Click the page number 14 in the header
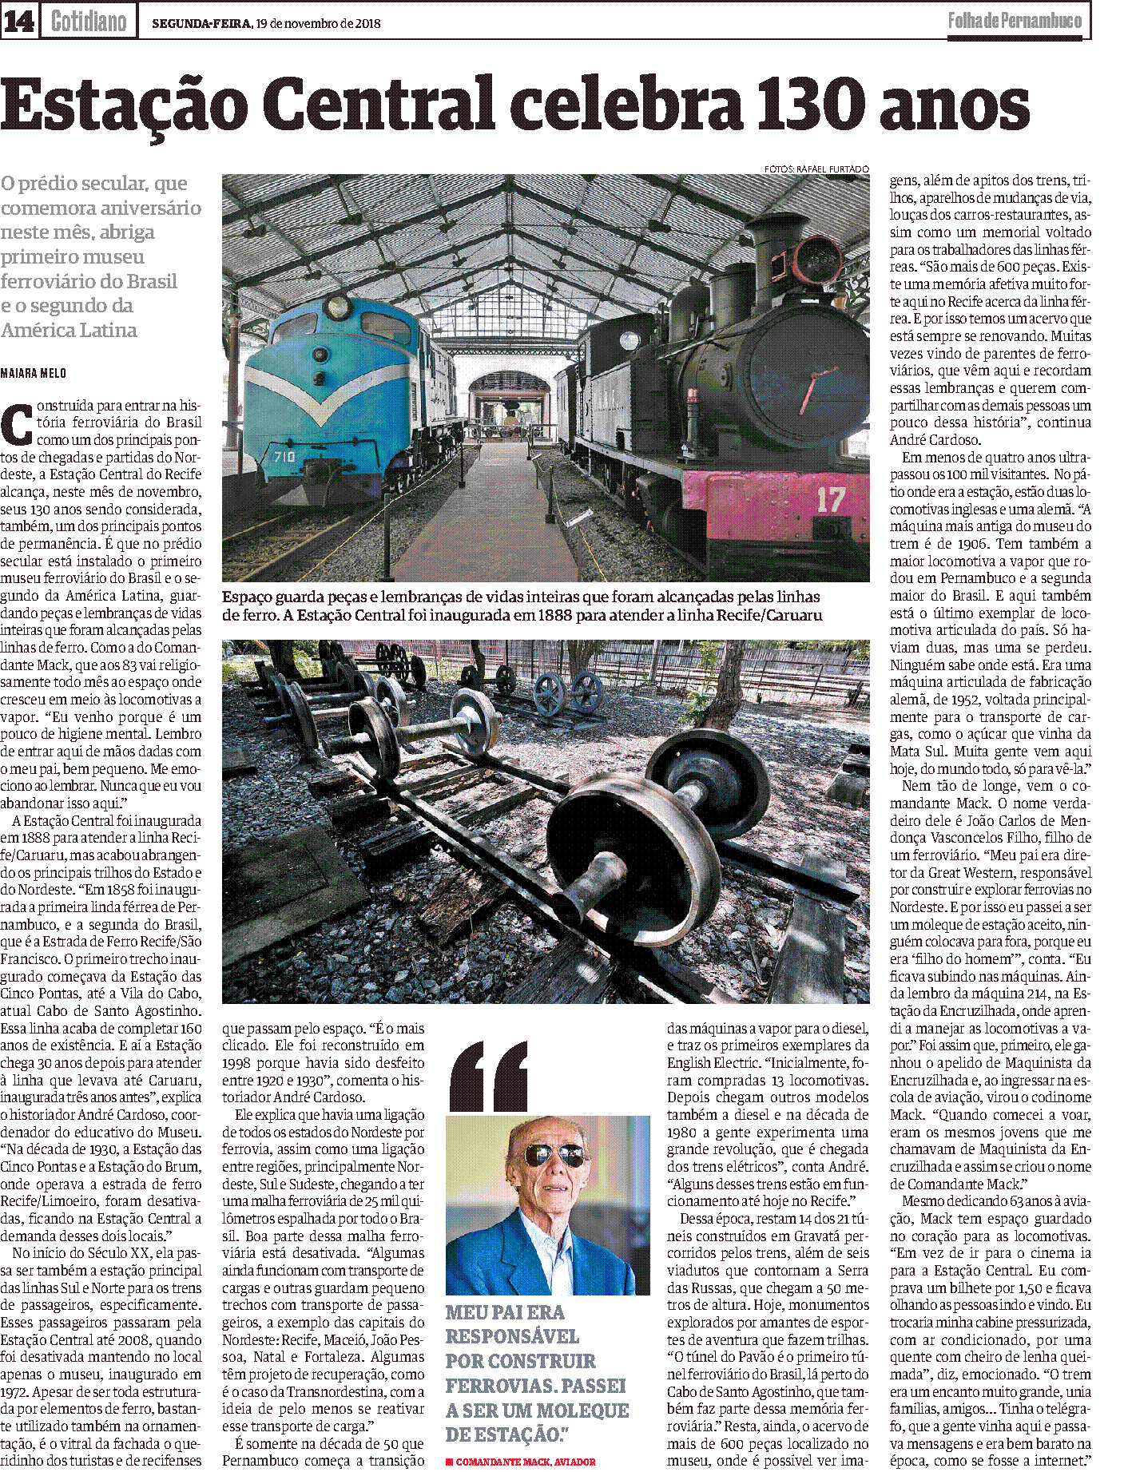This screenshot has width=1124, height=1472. (18, 22)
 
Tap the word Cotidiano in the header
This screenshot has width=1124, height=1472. (89, 22)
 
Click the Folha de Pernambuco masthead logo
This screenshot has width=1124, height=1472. (1015, 22)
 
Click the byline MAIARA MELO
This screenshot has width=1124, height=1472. (34, 373)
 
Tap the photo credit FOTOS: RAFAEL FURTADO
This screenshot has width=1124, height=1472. (816, 169)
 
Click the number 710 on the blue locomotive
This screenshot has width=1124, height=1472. (284, 456)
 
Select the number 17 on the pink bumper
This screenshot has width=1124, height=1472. (830, 500)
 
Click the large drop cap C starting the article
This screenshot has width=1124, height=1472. (16, 425)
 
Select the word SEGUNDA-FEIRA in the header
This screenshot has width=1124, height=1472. (201, 23)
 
